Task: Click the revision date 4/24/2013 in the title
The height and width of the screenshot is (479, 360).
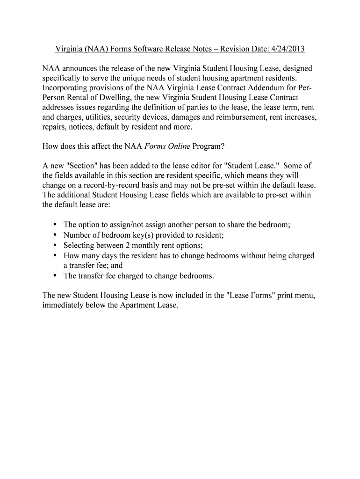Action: pos(287,49)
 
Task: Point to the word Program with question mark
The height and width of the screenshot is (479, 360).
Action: pos(209,146)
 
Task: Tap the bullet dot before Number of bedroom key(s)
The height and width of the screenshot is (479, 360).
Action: pos(55,235)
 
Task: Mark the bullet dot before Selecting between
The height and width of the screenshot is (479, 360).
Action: pos(55,245)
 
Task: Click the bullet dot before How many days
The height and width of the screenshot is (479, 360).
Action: pos(55,255)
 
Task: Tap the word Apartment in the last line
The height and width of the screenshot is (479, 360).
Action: pos(137,305)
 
